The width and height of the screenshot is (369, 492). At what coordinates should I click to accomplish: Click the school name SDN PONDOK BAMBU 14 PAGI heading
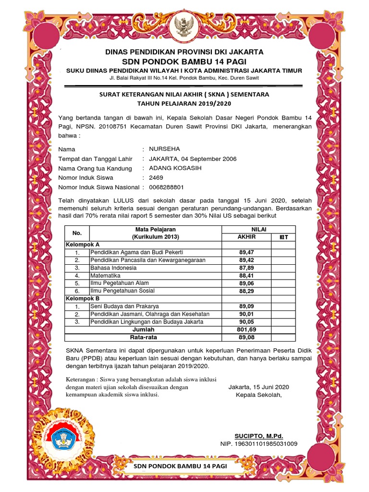pos(184,61)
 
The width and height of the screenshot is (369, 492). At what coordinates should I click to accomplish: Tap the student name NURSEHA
pos(165,149)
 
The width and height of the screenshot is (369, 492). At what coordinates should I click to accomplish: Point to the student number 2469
pos(156,178)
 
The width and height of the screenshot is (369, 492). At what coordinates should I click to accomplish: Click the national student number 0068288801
pos(166,187)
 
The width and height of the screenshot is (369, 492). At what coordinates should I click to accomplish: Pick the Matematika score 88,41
pos(246,276)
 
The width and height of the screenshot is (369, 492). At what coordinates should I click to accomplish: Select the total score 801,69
pos(246,330)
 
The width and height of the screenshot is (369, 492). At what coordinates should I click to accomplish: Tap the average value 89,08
pos(246,338)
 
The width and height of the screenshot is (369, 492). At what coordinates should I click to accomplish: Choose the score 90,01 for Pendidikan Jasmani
pos(246,314)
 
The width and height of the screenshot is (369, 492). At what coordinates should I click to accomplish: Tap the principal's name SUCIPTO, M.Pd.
pos(255,435)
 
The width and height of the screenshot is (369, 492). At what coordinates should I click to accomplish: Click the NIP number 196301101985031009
pos(258,443)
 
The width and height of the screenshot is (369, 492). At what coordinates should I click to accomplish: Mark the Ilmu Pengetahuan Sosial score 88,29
pos(246,291)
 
